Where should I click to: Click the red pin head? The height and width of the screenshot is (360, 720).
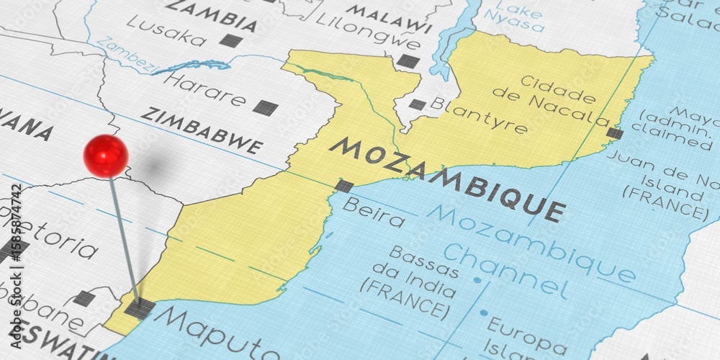(106, 156)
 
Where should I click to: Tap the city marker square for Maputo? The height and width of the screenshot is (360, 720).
(139, 308)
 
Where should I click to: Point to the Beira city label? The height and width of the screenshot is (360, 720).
(374, 212)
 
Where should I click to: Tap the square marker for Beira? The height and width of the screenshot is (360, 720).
(344, 185)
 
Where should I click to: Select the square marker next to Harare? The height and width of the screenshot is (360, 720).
(265, 108)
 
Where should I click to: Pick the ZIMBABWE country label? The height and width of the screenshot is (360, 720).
(202, 130)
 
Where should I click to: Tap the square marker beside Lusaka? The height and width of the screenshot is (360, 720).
(230, 40)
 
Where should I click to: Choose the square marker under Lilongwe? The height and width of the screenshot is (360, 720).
(408, 61)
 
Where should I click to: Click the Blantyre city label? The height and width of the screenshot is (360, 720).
(478, 117)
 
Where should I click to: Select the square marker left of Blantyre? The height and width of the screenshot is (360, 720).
(417, 104)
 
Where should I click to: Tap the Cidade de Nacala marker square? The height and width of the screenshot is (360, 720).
(614, 133)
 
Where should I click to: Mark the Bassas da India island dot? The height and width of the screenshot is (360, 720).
(477, 279)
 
